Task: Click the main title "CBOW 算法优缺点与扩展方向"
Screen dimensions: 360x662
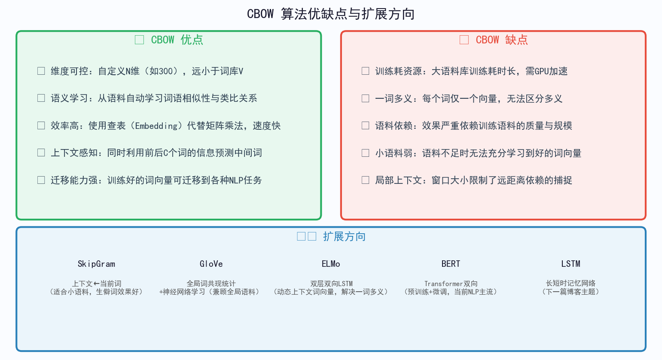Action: [x=330, y=14]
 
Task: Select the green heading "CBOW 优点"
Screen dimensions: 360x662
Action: [x=177, y=40]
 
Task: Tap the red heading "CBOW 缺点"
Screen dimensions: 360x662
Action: [x=501, y=40]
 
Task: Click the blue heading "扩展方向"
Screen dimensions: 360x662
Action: [x=344, y=237]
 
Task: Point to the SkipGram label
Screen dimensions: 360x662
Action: [x=96, y=264]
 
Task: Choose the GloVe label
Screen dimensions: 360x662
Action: [x=211, y=264]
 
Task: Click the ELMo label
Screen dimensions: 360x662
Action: [x=331, y=264]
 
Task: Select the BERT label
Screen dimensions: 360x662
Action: [x=451, y=264]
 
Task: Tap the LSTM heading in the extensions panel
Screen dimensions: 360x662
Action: [x=570, y=264]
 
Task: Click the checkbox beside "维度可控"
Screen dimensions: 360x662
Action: [x=41, y=71]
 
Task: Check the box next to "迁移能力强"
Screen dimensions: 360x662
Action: [x=41, y=180]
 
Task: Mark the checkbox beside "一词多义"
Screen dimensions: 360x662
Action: [x=366, y=98]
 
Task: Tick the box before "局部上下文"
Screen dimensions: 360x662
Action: [x=366, y=180]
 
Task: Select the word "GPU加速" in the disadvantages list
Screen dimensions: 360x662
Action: [x=551, y=71]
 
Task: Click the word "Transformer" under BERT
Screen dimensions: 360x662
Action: [x=444, y=284]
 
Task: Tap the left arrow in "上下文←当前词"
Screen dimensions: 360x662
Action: [x=96, y=284]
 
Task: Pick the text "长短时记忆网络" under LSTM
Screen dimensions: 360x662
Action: [x=570, y=283]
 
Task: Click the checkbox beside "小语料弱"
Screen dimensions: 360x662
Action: [x=366, y=153]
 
